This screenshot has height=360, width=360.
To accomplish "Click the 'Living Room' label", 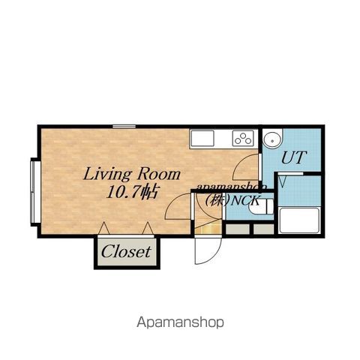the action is pos(132,174).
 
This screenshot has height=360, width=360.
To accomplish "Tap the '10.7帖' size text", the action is pos(132,192).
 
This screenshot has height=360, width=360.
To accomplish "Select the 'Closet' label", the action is pos(126,251).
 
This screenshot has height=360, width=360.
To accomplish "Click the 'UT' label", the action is pos(293,157).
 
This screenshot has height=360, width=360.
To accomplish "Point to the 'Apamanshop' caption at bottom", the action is pos(180,322).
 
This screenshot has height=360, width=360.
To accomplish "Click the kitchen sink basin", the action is pos(202,139).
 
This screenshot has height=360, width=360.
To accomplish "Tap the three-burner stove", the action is pos(242,139).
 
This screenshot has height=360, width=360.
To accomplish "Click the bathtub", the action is pos(299,220).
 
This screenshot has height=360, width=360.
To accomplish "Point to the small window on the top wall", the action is pos(124,127).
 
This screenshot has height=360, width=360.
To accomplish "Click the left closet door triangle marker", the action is pos(104,228).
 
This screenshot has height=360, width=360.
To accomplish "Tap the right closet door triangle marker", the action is pos(148,228).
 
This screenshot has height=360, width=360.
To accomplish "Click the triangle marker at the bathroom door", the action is pos(282,181).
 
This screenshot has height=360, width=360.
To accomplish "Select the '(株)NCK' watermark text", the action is pos(232,200).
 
